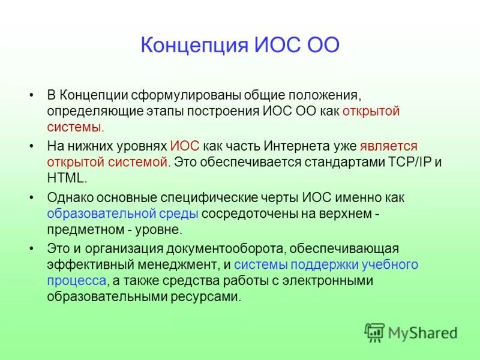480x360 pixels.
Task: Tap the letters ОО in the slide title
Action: click(x=323, y=46)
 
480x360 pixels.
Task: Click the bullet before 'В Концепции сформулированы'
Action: click(x=31, y=95)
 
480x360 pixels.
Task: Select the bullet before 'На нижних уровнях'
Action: click(x=31, y=146)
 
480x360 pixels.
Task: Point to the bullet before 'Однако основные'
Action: click(x=31, y=197)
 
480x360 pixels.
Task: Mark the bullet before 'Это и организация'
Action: click(x=31, y=248)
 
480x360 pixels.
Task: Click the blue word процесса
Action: click(x=77, y=280)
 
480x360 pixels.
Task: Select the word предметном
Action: click(x=83, y=229)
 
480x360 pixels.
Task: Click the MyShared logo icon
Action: click(x=374, y=332)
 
